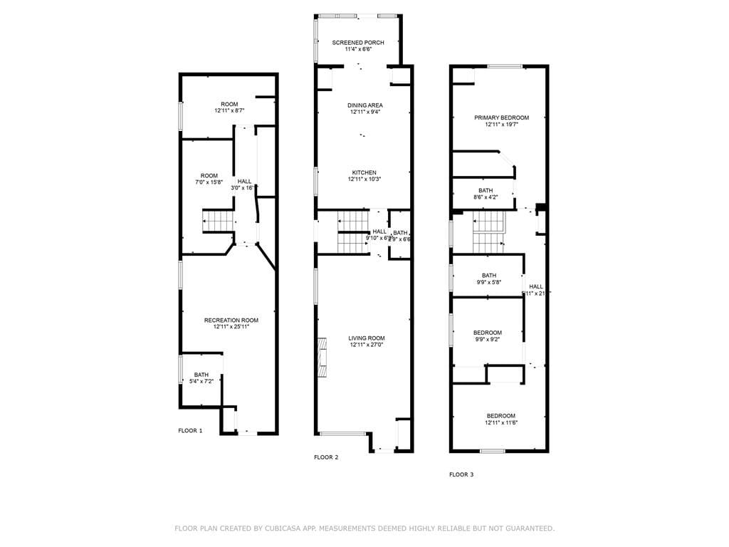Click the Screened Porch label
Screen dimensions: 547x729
[x=358, y=43]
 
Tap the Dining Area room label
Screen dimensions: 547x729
[x=364, y=105]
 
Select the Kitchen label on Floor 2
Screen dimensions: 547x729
[x=364, y=172]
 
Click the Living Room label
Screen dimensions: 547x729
[x=366, y=338]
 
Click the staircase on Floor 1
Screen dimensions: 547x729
[x=219, y=221]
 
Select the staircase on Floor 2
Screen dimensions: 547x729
[x=352, y=243]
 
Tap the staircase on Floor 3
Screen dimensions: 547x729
[x=488, y=232]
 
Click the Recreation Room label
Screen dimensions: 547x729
[x=231, y=321]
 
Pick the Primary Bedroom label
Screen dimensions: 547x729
[x=501, y=118]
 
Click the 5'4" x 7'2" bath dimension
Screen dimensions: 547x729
[x=201, y=382]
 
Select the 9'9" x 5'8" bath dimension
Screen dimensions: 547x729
[x=488, y=283]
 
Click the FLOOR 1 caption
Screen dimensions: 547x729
[x=190, y=431]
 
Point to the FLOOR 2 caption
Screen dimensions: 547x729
[x=326, y=457]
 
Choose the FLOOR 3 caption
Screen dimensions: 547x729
[x=461, y=474]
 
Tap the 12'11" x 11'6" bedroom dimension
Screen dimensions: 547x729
[x=501, y=423]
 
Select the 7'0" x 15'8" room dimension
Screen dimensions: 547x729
[x=209, y=183]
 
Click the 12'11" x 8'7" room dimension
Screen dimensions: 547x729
[x=229, y=111]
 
